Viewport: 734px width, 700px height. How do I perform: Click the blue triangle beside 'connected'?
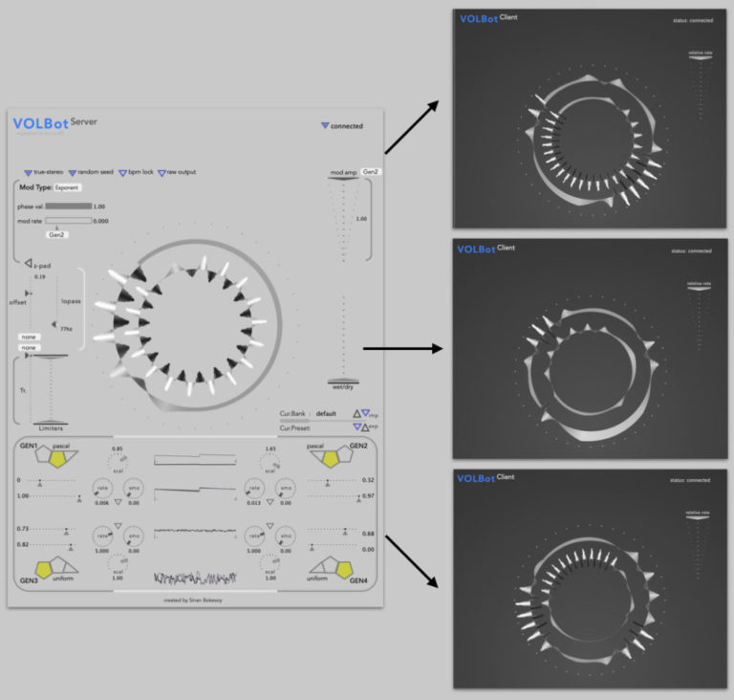coord(325,125)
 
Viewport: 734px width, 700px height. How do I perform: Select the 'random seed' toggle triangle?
coord(72,173)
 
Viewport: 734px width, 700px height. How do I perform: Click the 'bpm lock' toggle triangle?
coord(121,173)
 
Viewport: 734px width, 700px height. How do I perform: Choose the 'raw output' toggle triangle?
coord(162,173)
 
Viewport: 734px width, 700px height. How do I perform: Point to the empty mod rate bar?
coord(69,221)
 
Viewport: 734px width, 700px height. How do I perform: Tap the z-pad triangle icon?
coord(28,263)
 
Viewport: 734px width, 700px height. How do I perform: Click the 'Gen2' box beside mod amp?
coord(372,171)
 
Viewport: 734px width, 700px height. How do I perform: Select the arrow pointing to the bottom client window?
coord(412,559)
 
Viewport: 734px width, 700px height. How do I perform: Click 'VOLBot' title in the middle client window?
coord(476,250)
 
